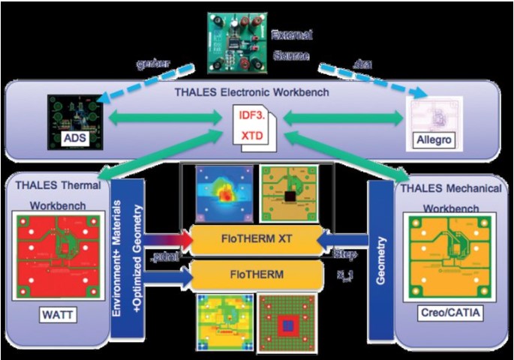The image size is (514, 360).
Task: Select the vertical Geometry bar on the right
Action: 380,244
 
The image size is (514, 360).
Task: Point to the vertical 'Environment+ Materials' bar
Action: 121,251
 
